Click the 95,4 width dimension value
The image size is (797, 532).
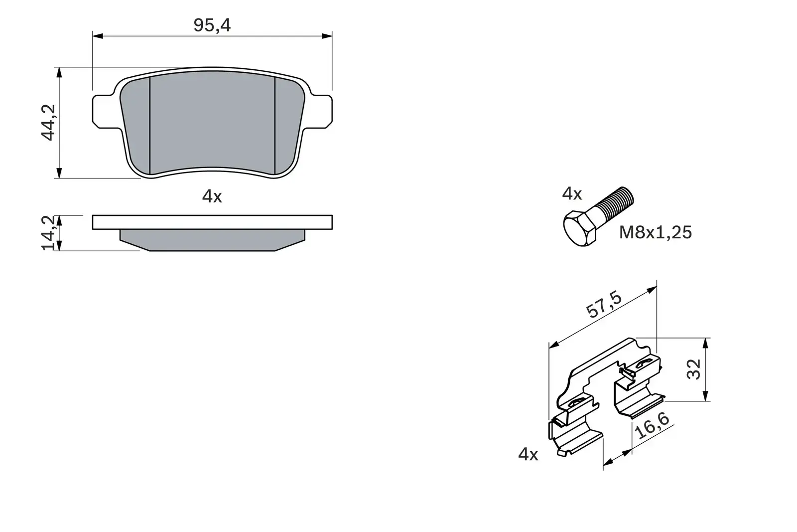pos(212,25)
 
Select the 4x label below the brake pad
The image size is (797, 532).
pos(212,196)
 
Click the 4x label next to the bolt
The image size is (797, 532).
pos(572,193)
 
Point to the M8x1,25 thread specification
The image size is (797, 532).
pos(655,232)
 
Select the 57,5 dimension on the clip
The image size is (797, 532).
pos(604,305)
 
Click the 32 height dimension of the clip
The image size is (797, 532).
pos(694,369)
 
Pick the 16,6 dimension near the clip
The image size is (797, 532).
pos(652,426)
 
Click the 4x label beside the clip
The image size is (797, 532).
pos(528,454)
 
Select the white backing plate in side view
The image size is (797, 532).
pos(212,222)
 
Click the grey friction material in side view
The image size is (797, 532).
pos(212,240)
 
